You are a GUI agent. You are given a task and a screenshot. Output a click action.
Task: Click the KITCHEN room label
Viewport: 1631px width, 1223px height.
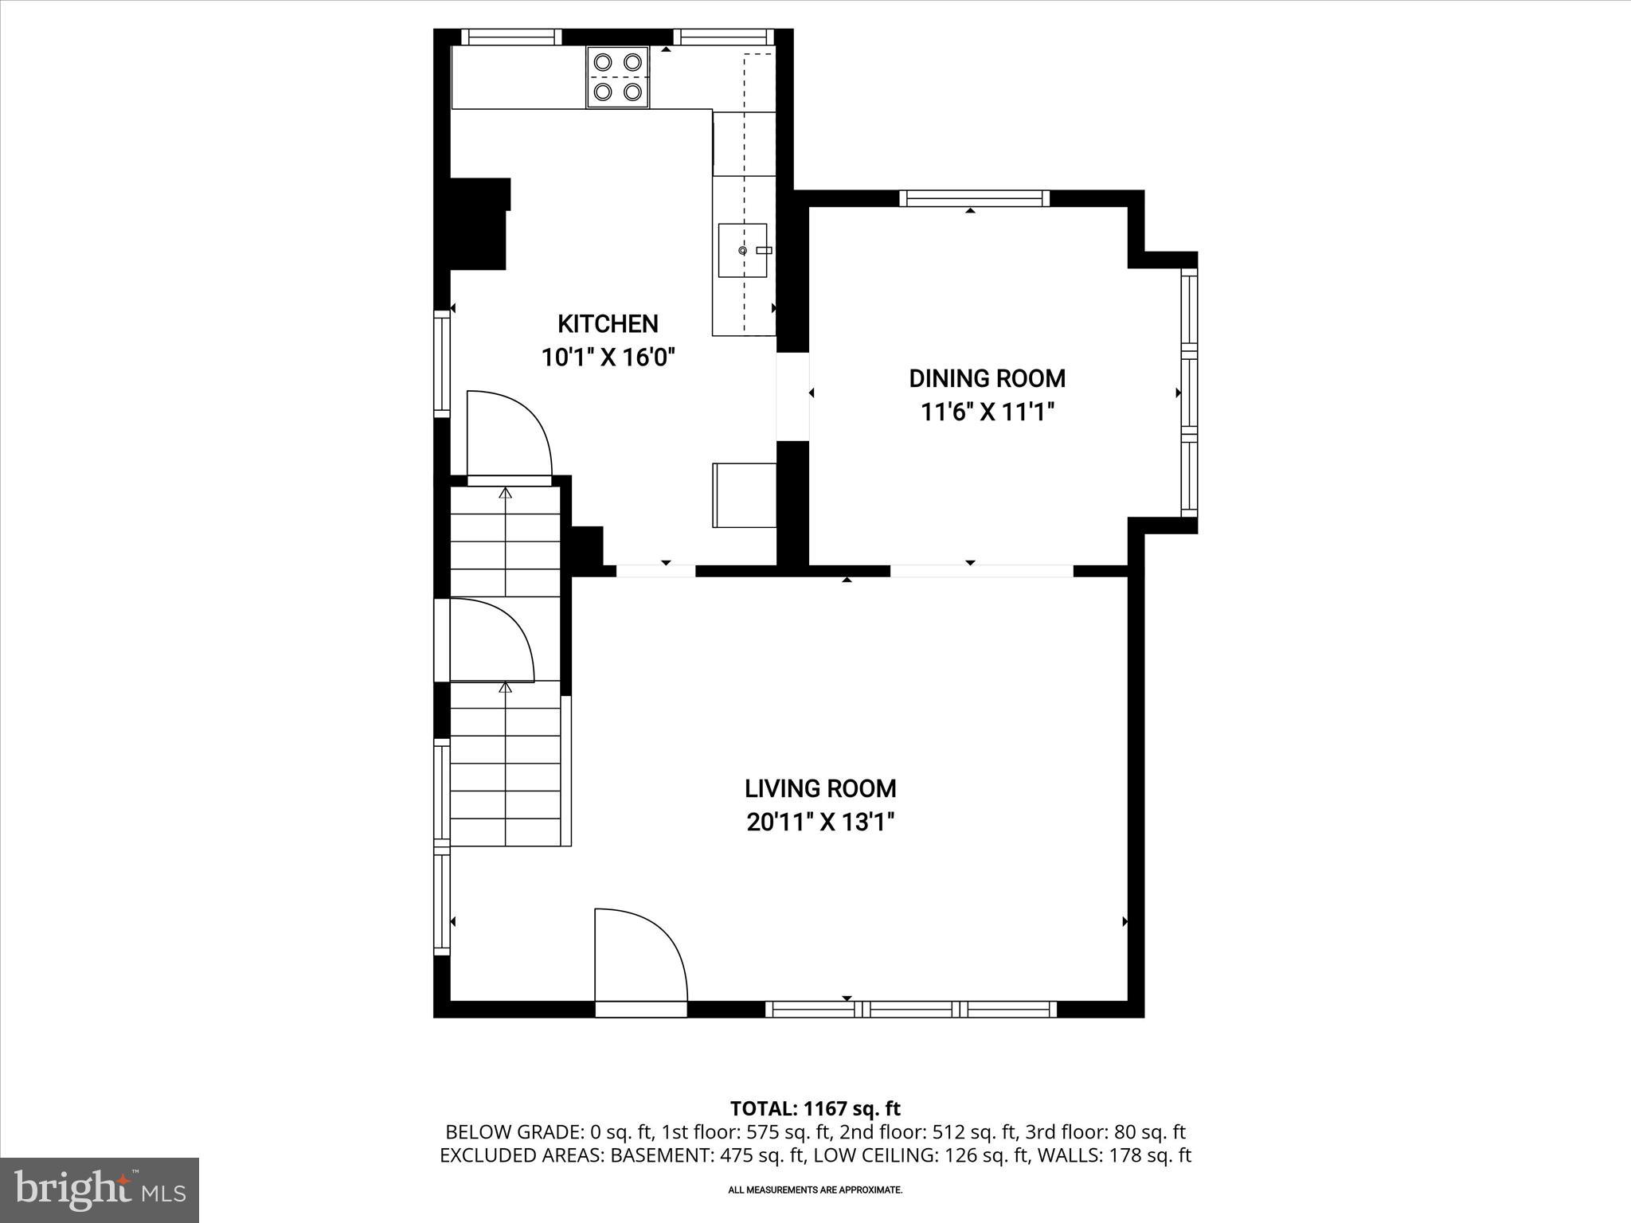(x=608, y=324)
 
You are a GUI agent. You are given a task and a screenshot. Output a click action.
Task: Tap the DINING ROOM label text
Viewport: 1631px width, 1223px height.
(x=987, y=378)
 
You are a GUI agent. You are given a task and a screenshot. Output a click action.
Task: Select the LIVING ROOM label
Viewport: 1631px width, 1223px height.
(x=820, y=788)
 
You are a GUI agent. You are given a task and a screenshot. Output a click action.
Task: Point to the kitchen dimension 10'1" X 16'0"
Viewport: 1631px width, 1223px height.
(x=608, y=358)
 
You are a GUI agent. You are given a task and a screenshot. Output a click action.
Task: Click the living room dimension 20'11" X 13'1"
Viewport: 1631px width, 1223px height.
(x=820, y=822)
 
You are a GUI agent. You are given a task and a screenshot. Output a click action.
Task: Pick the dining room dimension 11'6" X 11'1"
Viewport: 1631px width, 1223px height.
(x=988, y=412)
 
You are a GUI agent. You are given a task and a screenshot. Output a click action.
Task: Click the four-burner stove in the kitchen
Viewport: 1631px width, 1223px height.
(x=618, y=77)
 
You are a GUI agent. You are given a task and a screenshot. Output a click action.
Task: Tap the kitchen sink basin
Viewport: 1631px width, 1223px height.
(x=742, y=251)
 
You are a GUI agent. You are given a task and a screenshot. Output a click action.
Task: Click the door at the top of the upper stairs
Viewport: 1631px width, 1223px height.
(x=508, y=436)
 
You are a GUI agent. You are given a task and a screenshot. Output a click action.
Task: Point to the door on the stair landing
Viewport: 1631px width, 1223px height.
(x=490, y=641)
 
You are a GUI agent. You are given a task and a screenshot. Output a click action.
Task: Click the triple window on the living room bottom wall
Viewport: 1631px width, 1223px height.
(x=911, y=1009)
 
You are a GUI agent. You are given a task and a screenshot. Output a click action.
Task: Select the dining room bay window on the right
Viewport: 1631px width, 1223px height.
(x=1188, y=393)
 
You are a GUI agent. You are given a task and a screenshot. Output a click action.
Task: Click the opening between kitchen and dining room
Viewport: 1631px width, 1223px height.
(x=792, y=396)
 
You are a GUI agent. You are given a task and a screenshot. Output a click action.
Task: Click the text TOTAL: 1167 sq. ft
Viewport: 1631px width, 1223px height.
(x=815, y=1108)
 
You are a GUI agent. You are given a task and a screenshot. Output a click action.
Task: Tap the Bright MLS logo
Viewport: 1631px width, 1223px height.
(x=100, y=1190)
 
